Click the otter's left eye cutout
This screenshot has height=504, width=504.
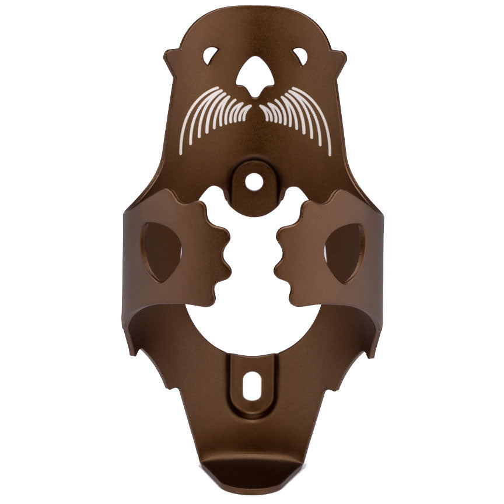(211, 55)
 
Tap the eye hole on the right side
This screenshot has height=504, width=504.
(300, 56)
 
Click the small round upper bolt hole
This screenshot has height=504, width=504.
(253, 182)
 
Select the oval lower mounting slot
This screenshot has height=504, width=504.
(252, 388)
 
